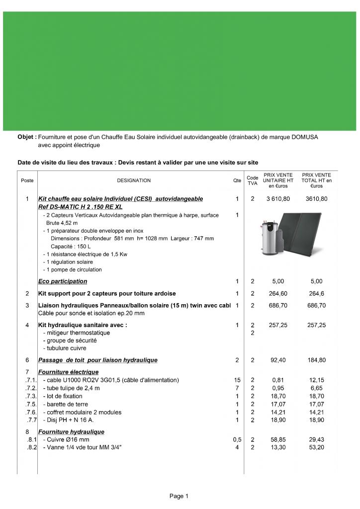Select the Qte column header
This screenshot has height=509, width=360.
(237, 180)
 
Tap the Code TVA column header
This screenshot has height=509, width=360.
(252, 180)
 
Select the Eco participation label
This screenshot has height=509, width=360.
(63, 281)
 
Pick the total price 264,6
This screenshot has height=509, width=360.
(318, 293)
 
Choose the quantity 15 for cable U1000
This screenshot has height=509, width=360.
(237, 380)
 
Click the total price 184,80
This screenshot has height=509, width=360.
(318, 360)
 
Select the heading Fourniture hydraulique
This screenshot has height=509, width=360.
(71, 432)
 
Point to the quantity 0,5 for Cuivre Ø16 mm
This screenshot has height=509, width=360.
(237, 440)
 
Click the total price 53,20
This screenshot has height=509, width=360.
(318, 448)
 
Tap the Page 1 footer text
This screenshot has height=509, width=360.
(180, 496)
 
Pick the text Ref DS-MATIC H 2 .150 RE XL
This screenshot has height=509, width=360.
(80, 206)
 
